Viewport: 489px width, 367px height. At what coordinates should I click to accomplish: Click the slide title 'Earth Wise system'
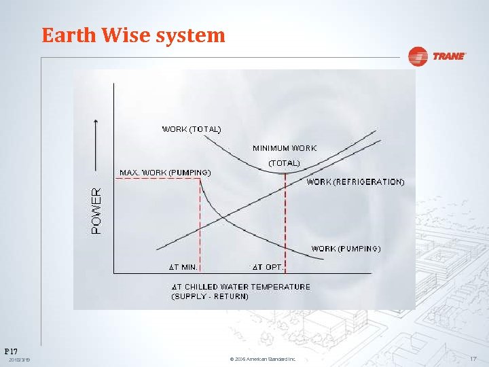[x=133, y=35]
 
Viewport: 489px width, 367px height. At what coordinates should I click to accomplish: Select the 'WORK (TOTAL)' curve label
[x=191, y=128]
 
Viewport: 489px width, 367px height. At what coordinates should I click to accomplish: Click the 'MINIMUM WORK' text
[x=285, y=147]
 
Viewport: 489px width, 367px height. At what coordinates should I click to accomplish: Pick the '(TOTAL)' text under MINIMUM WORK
[x=284, y=163]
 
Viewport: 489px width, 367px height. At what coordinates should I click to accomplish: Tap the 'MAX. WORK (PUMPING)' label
[x=165, y=173]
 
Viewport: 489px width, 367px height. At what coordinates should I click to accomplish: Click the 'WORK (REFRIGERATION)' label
[x=355, y=182]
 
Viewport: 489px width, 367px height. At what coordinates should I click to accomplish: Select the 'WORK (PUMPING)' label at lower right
[x=346, y=249]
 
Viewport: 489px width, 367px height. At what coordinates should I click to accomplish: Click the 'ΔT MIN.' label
[x=183, y=266]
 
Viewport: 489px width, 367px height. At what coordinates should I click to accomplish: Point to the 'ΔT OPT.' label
[x=268, y=266]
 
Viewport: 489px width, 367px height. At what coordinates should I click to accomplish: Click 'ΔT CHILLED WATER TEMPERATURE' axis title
[x=240, y=287]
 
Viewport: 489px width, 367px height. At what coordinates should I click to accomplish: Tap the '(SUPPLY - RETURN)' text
[x=210, y=296]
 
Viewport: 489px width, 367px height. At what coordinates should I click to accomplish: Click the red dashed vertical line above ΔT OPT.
[x=285, y=217]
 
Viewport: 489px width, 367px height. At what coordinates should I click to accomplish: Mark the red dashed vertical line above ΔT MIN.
[x=200, y=224]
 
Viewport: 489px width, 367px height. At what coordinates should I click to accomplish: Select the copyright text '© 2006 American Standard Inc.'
[x=263, y=359]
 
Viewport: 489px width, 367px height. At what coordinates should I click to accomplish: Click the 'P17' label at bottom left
[x=10, y=351]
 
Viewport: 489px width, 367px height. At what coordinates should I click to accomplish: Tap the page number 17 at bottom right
[x=473, y=358]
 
